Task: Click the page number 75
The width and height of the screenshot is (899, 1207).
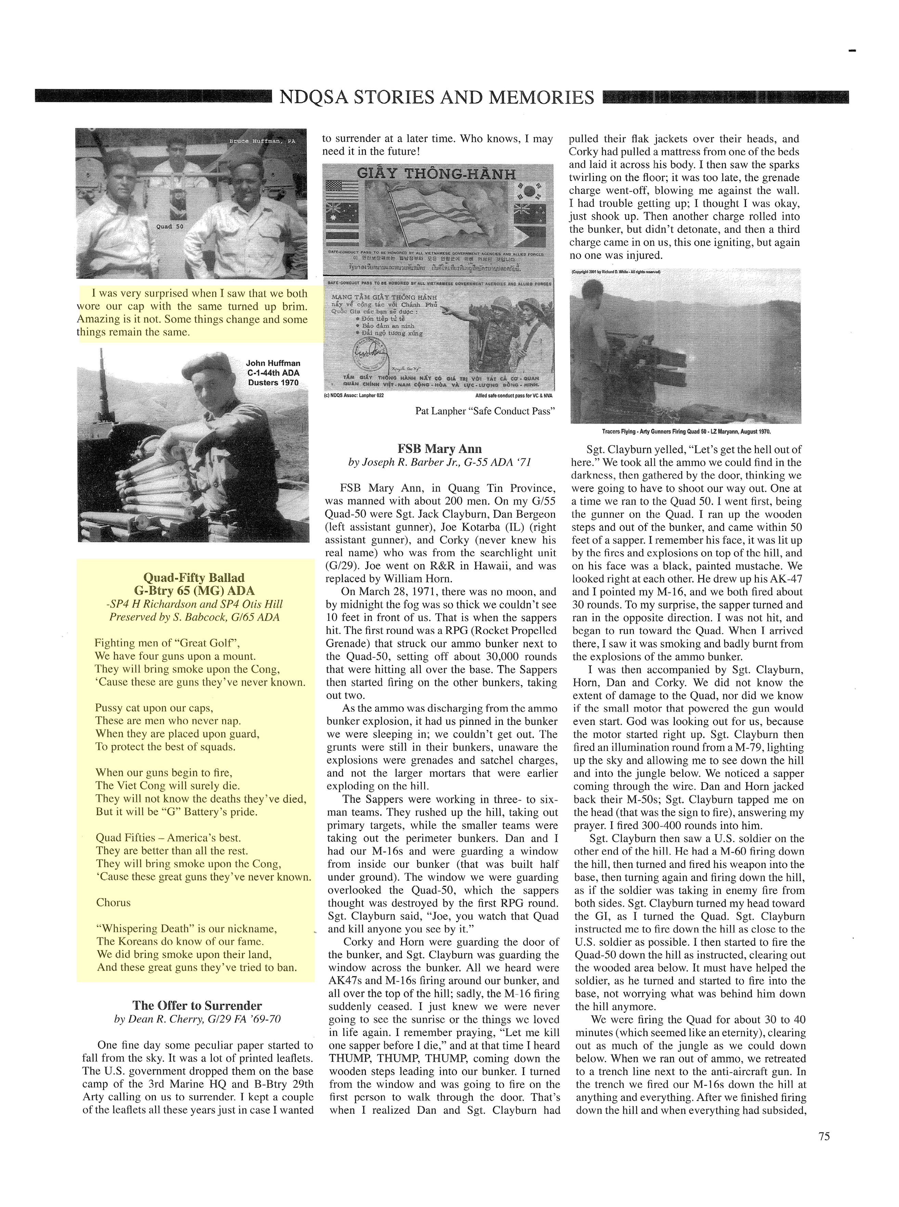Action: coord(823,1136)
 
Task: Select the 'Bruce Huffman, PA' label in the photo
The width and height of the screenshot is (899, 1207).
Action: coord(262,141)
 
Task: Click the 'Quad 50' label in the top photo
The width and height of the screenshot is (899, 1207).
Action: coord(170,226)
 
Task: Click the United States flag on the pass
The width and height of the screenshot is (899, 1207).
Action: coord(341,191)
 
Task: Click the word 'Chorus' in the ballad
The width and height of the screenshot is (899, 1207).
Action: coord(113,902)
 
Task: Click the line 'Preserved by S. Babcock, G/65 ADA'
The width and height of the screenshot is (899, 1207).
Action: coord(194,617)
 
